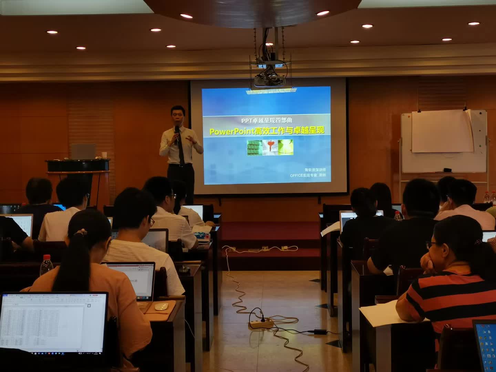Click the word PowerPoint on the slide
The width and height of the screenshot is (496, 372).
[231, 131]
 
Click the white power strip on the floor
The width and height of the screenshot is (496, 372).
[261, 323]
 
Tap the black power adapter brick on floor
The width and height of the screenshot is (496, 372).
[320, 332]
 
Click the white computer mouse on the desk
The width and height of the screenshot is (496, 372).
[161, 307]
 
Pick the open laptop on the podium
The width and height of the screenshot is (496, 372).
[83, 151]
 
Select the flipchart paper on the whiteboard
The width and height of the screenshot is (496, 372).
[442, 132]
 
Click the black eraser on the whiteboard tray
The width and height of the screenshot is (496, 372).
[447, 170]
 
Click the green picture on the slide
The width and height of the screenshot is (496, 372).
[255, 147]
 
